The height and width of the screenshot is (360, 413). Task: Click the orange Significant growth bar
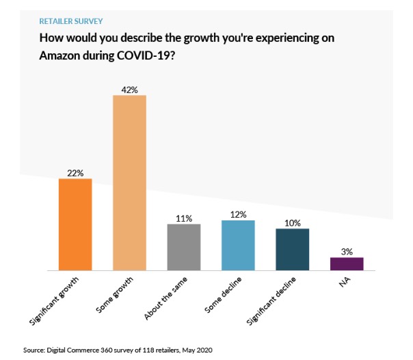click(x=76, y=224)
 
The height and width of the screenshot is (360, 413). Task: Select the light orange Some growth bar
click(x=129, y=183)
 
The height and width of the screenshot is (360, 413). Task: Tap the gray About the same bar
click(x=184, y=247)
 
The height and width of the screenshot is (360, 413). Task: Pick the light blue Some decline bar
click(x=238, y=245)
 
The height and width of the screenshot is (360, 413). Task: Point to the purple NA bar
click(x=347, y=263)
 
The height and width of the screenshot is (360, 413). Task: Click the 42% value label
click(x=129, y=89)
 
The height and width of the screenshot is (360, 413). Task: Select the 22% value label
click(x=75, y=173)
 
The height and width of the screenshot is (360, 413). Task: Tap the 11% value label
click(x=184, y=218)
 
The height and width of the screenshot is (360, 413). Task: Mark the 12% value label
click(x=238, y=215)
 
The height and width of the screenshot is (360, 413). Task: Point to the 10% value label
click(x=293, y=223)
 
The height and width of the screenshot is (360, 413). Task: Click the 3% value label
click(x=347, y=252)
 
